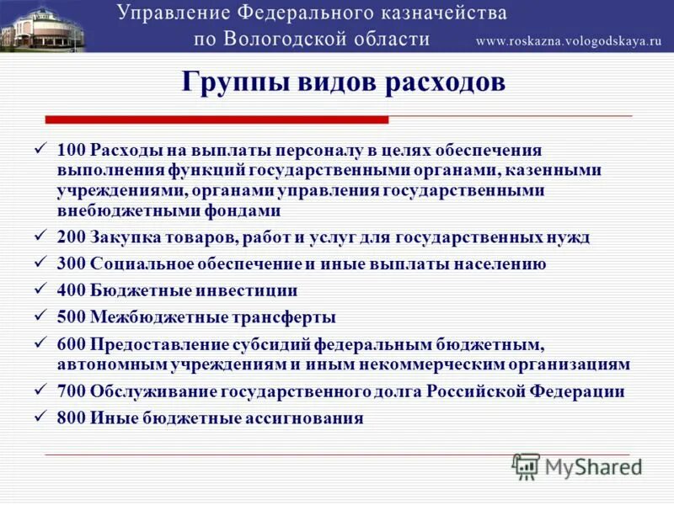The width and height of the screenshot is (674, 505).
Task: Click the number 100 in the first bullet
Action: tap(71, 150)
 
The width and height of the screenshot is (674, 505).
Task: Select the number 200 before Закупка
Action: tap(71, 237)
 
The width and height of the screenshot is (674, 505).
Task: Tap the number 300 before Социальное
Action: tap(71, 263)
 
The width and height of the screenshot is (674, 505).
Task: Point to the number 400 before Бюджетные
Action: tap(71, 290)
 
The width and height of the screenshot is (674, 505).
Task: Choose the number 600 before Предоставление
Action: tap(71, 344)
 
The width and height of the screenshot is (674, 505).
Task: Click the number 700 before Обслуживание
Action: tap(71, 391)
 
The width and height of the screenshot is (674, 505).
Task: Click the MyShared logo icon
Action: tap(527, 465)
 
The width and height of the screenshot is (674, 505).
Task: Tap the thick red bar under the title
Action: tap(217, 120)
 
